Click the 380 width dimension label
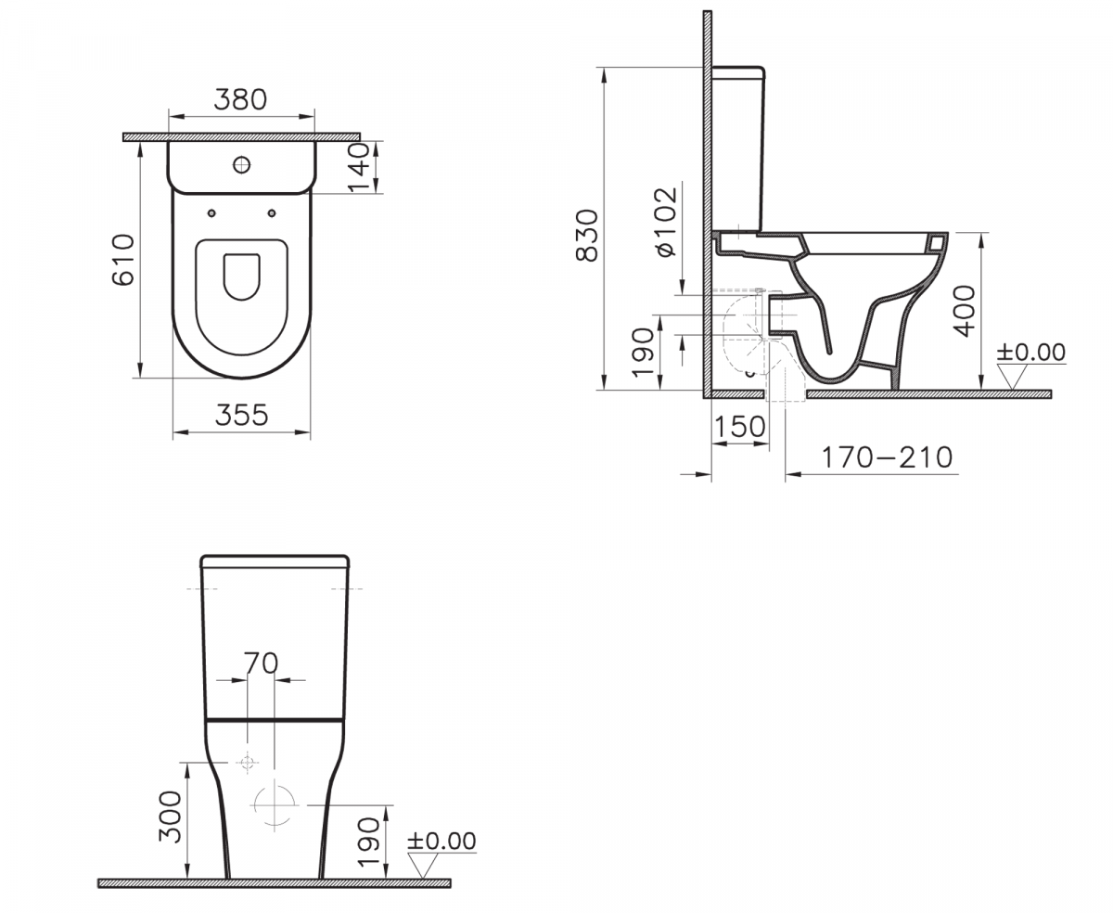pos(240,99)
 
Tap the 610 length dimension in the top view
pos(124,260)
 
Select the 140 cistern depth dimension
pos(358,167)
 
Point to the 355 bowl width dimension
pos(242,415)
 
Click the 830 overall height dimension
pos(587,236)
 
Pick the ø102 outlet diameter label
pos(666,222)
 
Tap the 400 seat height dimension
pos(965,311)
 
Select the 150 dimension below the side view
pos(739,426)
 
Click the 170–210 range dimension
pos(888,457)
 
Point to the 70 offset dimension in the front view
pos(261,663)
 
